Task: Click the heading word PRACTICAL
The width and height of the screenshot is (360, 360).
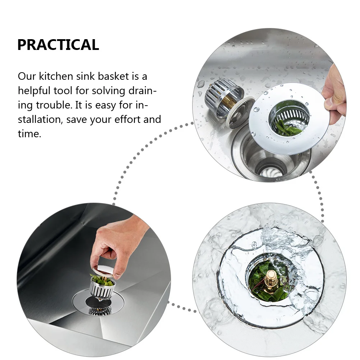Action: [x=58, y=45]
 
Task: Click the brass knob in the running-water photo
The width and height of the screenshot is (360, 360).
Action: [x=271, y=278]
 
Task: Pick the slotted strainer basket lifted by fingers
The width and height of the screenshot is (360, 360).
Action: [x=102, y=287]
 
